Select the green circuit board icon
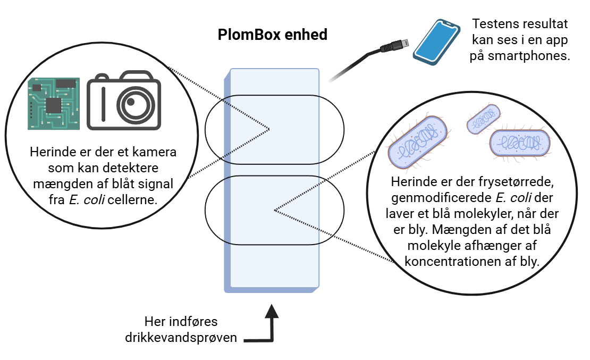point(54,103)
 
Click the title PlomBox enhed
point(272,35)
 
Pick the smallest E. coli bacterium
point(483,119)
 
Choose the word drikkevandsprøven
point(181,338)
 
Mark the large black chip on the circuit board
point(53,105)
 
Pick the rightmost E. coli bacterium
point(519,144)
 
